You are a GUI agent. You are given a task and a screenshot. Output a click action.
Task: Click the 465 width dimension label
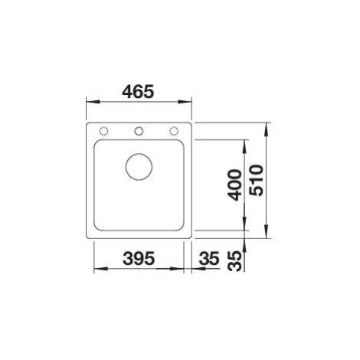(x=138, y=92)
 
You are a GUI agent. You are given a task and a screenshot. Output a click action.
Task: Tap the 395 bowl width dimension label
(x=139, y=258)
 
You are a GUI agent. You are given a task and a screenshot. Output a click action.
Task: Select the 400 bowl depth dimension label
(x=235, y=185)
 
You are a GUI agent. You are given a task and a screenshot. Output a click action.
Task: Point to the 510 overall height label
(x=256, y=180)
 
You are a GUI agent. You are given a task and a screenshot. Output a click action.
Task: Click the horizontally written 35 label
(x=209, y=258)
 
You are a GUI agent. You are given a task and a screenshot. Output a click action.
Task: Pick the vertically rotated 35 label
(x=235, y=261)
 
